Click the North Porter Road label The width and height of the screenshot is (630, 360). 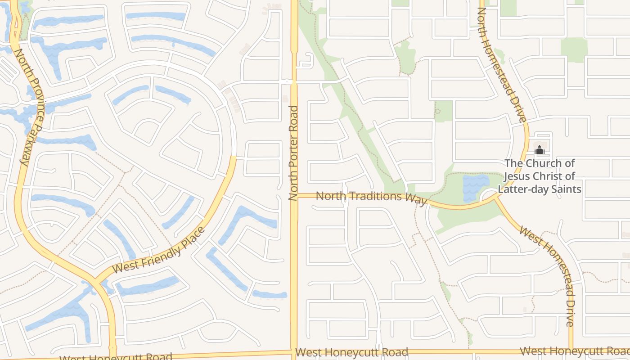(x=293, y=153)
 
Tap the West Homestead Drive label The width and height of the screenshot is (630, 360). (x=547, y=276)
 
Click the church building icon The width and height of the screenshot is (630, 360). (x=540, y=150)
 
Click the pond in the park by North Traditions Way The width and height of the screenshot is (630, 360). (x=475, y=187)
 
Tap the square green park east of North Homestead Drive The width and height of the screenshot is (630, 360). (x=574, y=49)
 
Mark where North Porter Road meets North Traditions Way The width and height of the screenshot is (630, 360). (x=294, y=196)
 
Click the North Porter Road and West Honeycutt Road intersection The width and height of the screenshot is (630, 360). (x=294, y=352)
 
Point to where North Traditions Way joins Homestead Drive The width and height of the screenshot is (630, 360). (x=496, y=196)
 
